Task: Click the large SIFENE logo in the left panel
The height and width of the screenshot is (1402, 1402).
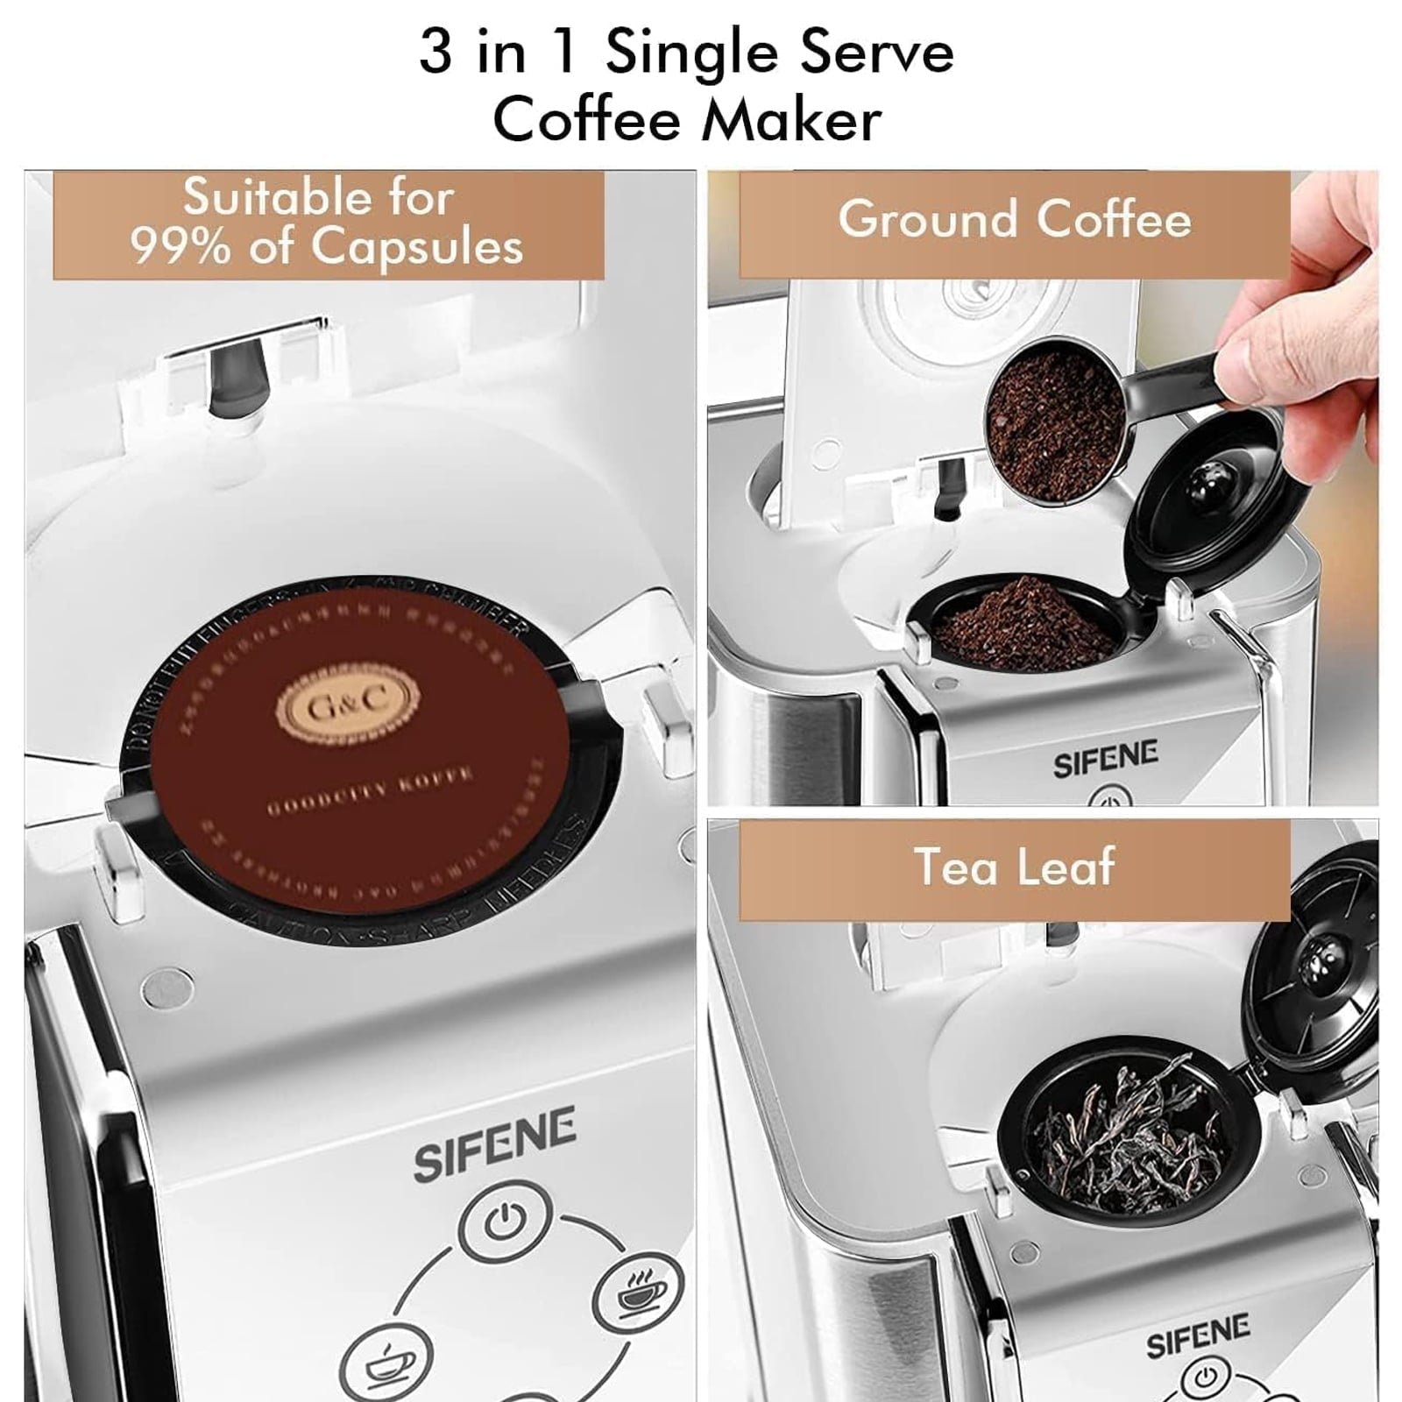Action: [x=494, y=1143]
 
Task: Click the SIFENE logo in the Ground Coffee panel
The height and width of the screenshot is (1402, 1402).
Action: [x=1105, y=759]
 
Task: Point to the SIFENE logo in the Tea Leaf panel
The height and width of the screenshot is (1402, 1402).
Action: [x=1198, y=1335]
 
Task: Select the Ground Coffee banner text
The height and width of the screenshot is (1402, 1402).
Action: [x=1014, y=218]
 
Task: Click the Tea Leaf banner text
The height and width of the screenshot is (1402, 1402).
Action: [x=1014, y=867]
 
